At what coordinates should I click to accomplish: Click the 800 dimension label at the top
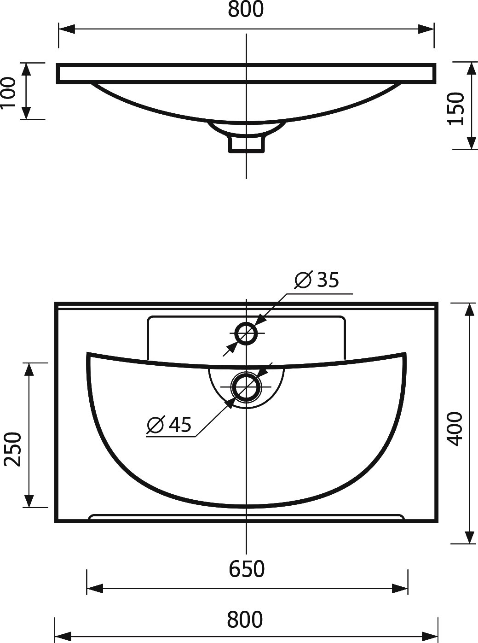(x=246, y=9)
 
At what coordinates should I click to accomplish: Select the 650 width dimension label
(x=247, y=569)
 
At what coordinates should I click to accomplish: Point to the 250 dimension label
(x=13, y=449)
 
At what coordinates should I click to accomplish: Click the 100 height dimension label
(x=8, y=92)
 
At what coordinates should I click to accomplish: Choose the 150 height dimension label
(x=456, y=108)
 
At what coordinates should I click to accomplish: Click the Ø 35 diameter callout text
(x=317, y=280)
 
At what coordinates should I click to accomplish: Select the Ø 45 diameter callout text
(x=169, y=425)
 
